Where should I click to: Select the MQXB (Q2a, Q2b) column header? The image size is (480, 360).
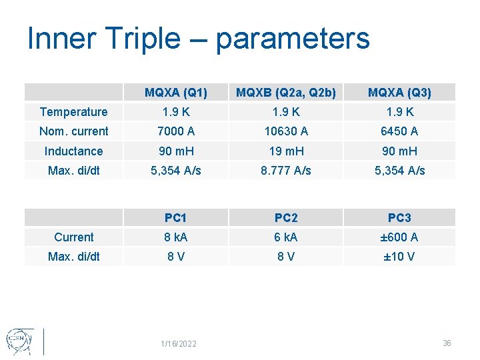click(286, 92)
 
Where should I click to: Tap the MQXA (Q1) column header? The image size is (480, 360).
click(176, 92)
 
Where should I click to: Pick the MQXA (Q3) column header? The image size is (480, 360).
click(399, 92)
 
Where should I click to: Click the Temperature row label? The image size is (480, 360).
click(73, 112)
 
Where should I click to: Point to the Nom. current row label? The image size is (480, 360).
click(73, 131)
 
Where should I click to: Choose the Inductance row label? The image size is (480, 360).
click(73, 151)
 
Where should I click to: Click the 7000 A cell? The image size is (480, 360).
click(176, 131)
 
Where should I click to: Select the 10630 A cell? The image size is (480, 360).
click(286, 131)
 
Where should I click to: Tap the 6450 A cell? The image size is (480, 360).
click(399, 131)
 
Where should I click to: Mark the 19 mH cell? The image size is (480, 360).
click(286, 151)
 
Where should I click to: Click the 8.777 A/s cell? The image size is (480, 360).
click(286, 171)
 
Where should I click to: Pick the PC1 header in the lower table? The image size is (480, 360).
click(176, 218)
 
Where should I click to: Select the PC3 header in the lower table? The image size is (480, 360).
click(399, 218)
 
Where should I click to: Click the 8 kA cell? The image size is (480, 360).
click(176, 237)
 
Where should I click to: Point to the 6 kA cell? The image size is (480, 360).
click(286, 237)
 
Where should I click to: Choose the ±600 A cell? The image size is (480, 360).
click(399, 237)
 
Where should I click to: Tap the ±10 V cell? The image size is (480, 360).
click(399, 257)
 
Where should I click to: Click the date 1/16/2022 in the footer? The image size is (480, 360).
click(179, 344)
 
